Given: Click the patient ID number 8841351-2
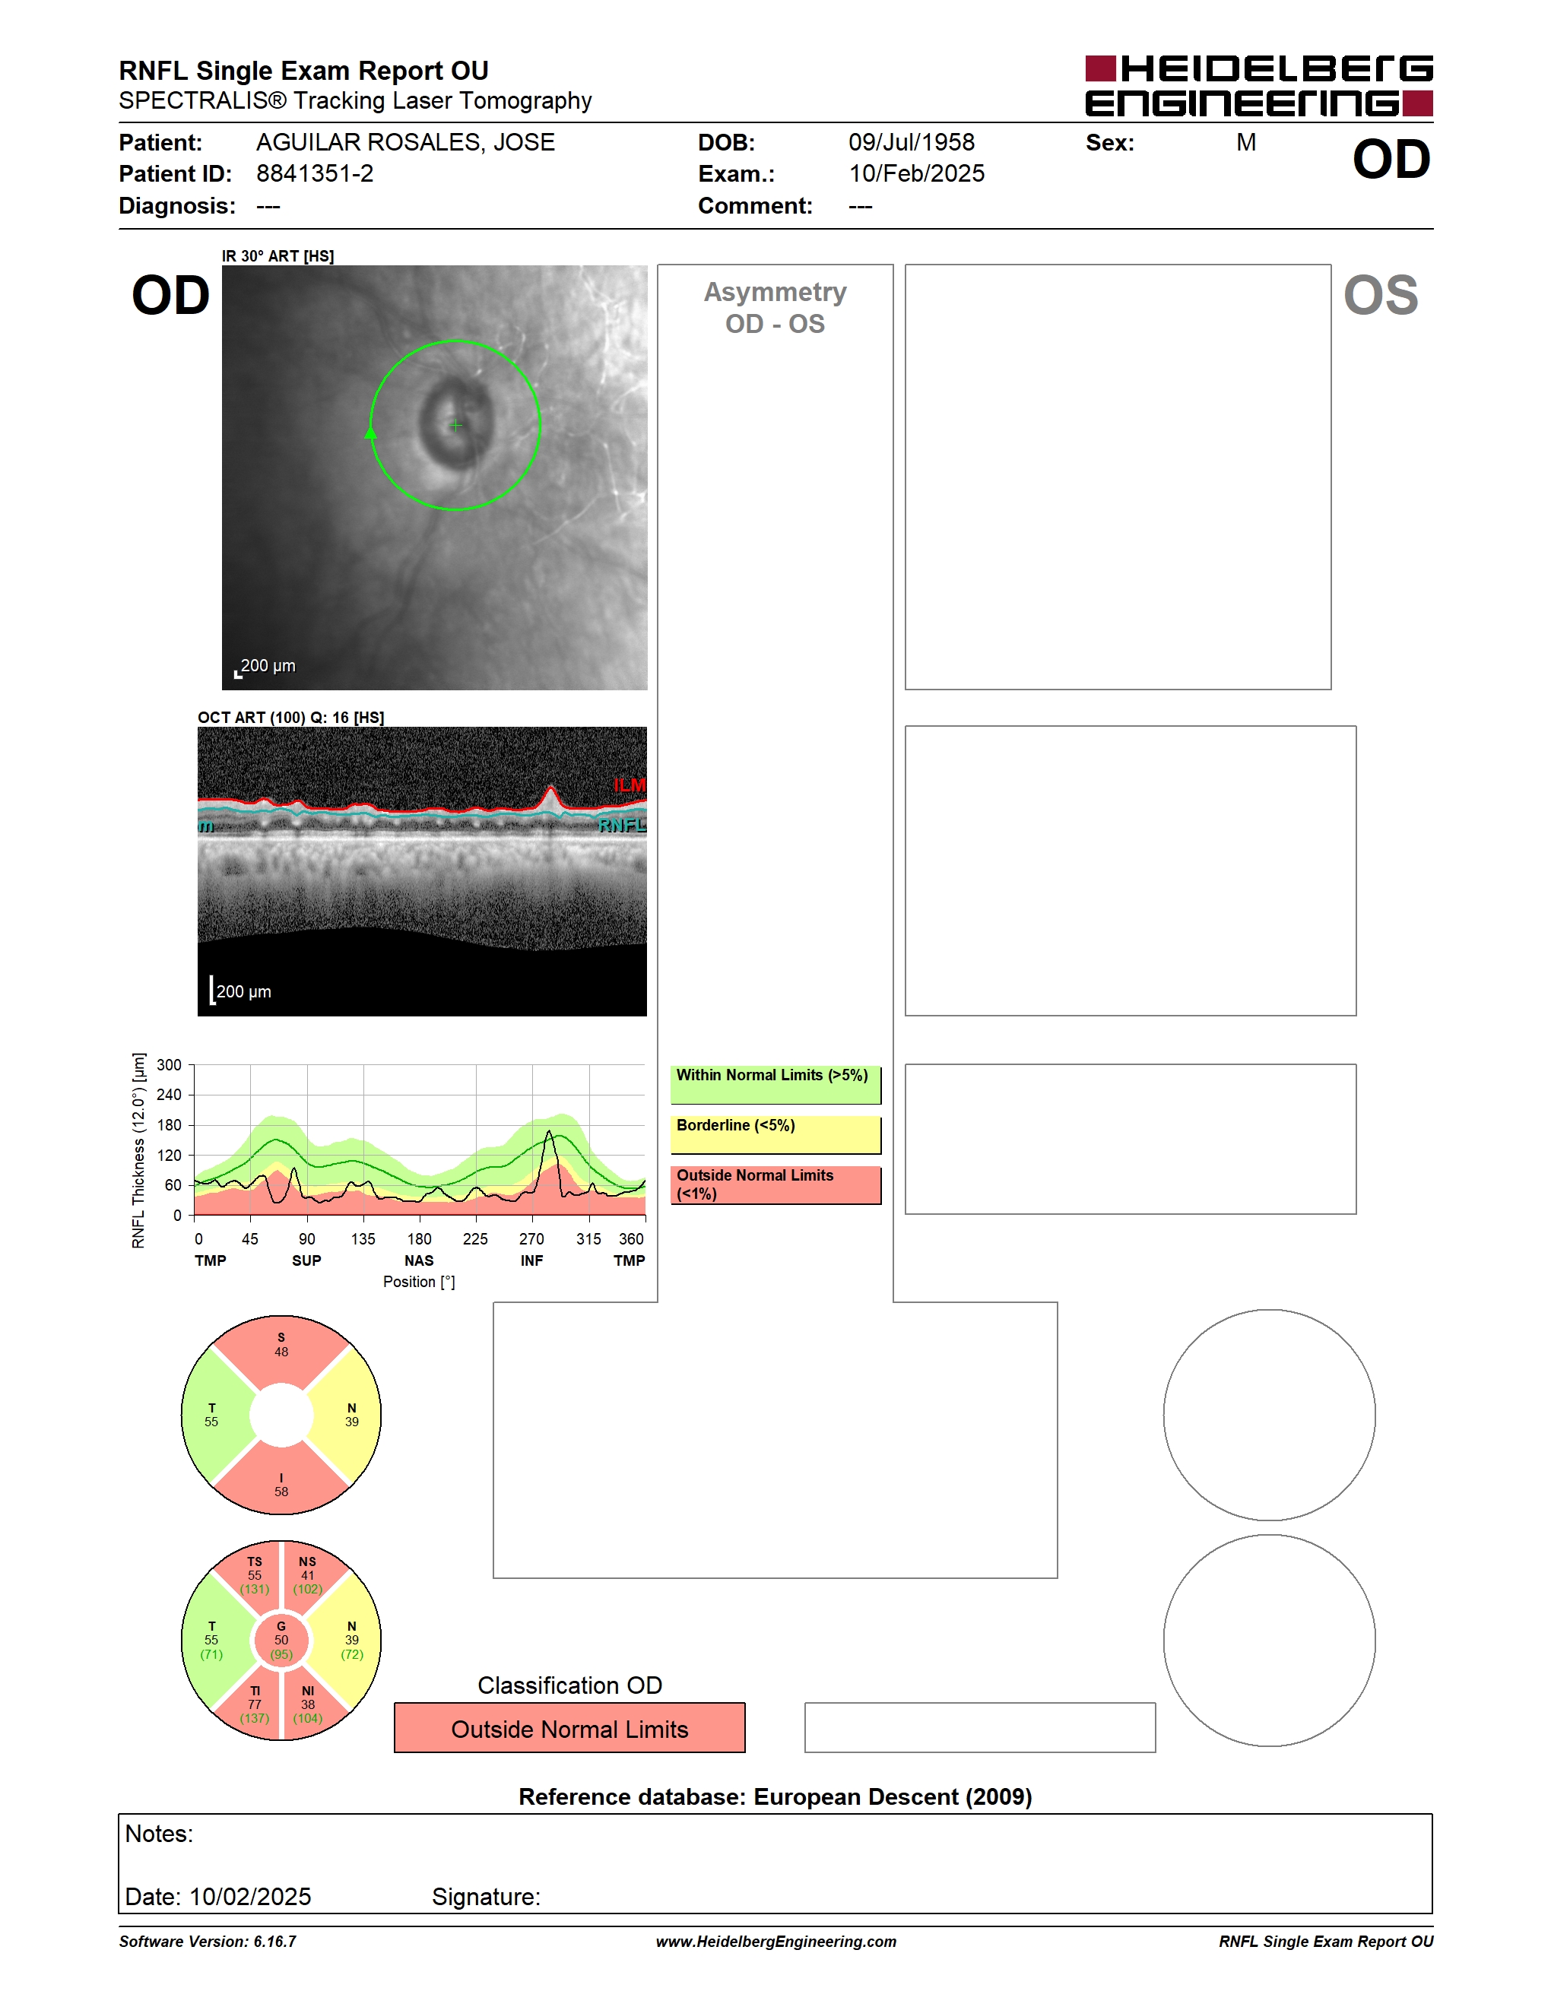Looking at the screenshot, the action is pyautogui.click(x=314, y=173).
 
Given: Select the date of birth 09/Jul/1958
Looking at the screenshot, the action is pyautogui.click(x=911, y=142).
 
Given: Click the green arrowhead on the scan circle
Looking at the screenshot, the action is pyautogui.click(x=371, y=432).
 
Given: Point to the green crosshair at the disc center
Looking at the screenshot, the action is pyautogui.click(x=455, y=426).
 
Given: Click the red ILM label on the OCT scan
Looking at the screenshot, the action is pyautogui.click(x=630, y=785).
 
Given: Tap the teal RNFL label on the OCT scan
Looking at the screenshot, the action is pyautogui.click(x=622, y=825).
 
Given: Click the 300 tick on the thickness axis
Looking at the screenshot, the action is pyautogui.click(x=169, y=1065).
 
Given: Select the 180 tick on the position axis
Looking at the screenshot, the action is pyautogui.click(x=419, y=1238).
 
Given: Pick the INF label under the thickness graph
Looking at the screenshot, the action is pyautogui.click(x=531, y=1260).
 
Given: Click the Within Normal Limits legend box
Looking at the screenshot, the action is pyautogui.click(x=775, y=1084).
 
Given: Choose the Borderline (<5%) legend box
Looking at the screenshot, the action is pyautogui.click(x=775, y=1135).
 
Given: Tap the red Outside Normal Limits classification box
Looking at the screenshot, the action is pyautogui.click(x=569, y=1728).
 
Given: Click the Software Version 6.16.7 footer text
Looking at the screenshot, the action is pyautogui.click(x=208, y=1941).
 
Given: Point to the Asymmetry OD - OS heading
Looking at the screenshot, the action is pyautogui.click(x=775, y=308).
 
